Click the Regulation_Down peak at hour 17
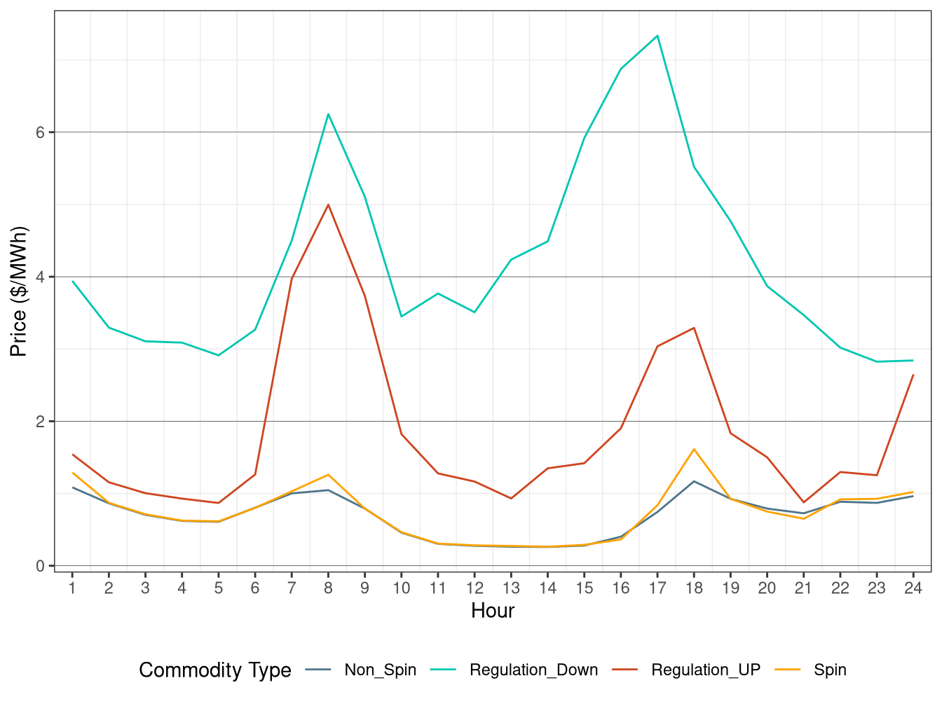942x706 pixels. coord(657,36)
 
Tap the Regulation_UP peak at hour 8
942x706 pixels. coord(328,205)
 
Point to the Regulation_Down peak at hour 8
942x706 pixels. coord(328,114)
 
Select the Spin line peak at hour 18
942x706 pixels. coord(694,449)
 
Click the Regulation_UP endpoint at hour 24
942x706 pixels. coord(913,375)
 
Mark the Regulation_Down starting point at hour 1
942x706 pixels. coord(73,282)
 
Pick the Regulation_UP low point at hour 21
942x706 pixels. coord(803,502)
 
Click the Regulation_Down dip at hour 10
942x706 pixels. coord(402,317)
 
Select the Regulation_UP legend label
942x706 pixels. coord(705,670)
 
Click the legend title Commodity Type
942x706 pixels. coord(215,670)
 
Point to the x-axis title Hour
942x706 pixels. coord(493,611)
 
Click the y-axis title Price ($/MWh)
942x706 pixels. coord(19,291)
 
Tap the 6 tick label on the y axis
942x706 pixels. coord(41,132)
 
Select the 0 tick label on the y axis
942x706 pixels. coord(41,566)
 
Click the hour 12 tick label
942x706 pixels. coord(475,588)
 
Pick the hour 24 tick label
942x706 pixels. coord(913,588)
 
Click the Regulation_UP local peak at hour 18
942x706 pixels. coord(694,328)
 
